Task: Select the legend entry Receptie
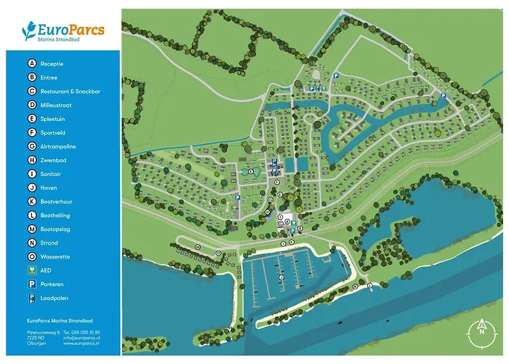pyautogui.click(x=52, y=64)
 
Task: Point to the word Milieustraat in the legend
pyautogui.click(x=57, y=105)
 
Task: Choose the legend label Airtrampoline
pyautogui.click(x=57, y=146)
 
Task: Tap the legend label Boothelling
pyautogui.click(x=55, y=215)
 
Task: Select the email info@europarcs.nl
pyautogui.click(x=81, y=338)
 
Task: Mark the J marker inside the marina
pyautogui.click(x=281, y=277)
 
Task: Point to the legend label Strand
pyautogui.click(x=49, y=243)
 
